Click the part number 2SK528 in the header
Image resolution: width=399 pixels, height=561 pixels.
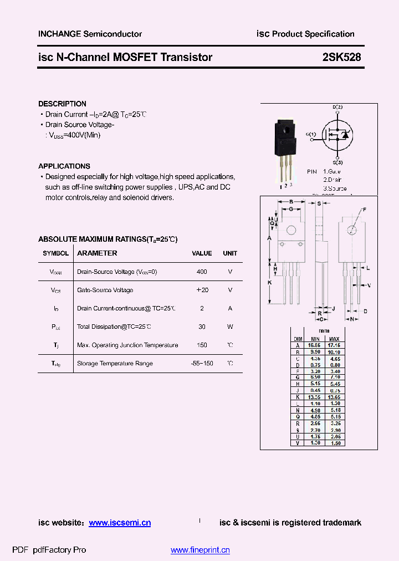point(341,57)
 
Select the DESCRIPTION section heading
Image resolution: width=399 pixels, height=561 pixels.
point(62,104)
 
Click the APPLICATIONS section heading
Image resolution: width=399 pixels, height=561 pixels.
point(64,166)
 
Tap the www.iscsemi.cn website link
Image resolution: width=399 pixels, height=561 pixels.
point(120,523)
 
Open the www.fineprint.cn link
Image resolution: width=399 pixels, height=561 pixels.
point(200,550)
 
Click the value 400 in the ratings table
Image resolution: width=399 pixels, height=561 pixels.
point(202,272)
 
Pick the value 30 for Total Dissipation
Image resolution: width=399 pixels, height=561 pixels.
point(202,327)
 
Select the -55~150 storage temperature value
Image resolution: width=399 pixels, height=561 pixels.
point(202,364)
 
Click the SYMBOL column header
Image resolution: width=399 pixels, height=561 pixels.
point(55,253)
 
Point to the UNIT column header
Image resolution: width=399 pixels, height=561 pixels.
point(230,253)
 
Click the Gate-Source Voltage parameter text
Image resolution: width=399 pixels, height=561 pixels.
point(105,290)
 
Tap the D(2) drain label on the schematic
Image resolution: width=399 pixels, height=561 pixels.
point(337,107)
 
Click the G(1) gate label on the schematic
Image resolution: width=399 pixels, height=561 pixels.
point(311,134)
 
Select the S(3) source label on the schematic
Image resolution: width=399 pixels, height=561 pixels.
point(337,162)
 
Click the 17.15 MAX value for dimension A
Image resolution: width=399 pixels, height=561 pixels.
point(334,345)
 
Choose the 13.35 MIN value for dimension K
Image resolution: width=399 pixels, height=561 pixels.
point(315,397)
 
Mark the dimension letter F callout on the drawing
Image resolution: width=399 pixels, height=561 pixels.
point(364,210)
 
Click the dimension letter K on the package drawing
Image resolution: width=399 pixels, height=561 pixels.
point(269,283)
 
